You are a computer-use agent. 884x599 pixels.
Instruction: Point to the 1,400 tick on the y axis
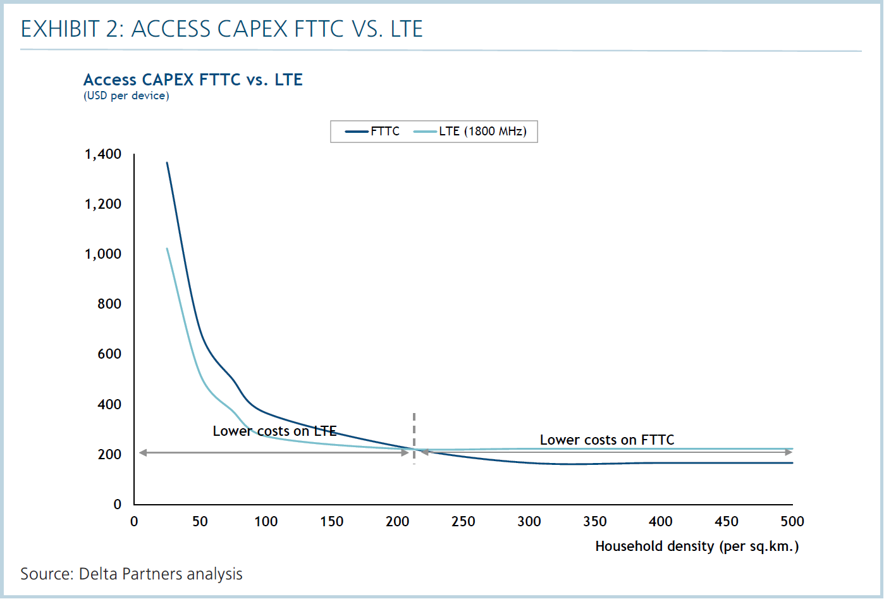[103, 154]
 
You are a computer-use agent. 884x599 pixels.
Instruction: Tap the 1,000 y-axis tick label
[103, 254]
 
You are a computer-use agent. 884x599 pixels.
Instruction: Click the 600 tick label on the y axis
[109, 354]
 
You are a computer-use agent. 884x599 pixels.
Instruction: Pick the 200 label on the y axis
[109, 455]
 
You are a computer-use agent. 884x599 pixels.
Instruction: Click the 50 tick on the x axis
[200, 522]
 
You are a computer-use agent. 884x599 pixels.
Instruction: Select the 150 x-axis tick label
[331, 522]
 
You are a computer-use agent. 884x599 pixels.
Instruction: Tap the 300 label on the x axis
[529, 522]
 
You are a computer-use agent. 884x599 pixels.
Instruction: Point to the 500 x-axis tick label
[792, 522]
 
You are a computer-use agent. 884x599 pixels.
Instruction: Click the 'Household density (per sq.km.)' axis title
[697, 547]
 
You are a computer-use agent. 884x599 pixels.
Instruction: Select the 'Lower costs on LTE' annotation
[274, 431]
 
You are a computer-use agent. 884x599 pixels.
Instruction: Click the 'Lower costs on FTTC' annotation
[607, 440]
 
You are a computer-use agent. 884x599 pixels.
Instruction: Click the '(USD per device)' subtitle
[126, 96]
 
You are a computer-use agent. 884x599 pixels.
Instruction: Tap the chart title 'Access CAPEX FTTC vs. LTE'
[193, 80]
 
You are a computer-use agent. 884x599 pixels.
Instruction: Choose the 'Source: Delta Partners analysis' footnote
[132, 574]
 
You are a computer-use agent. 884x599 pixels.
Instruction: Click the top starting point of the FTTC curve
[167, 163]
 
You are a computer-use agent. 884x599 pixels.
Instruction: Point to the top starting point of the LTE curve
[167, 248]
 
